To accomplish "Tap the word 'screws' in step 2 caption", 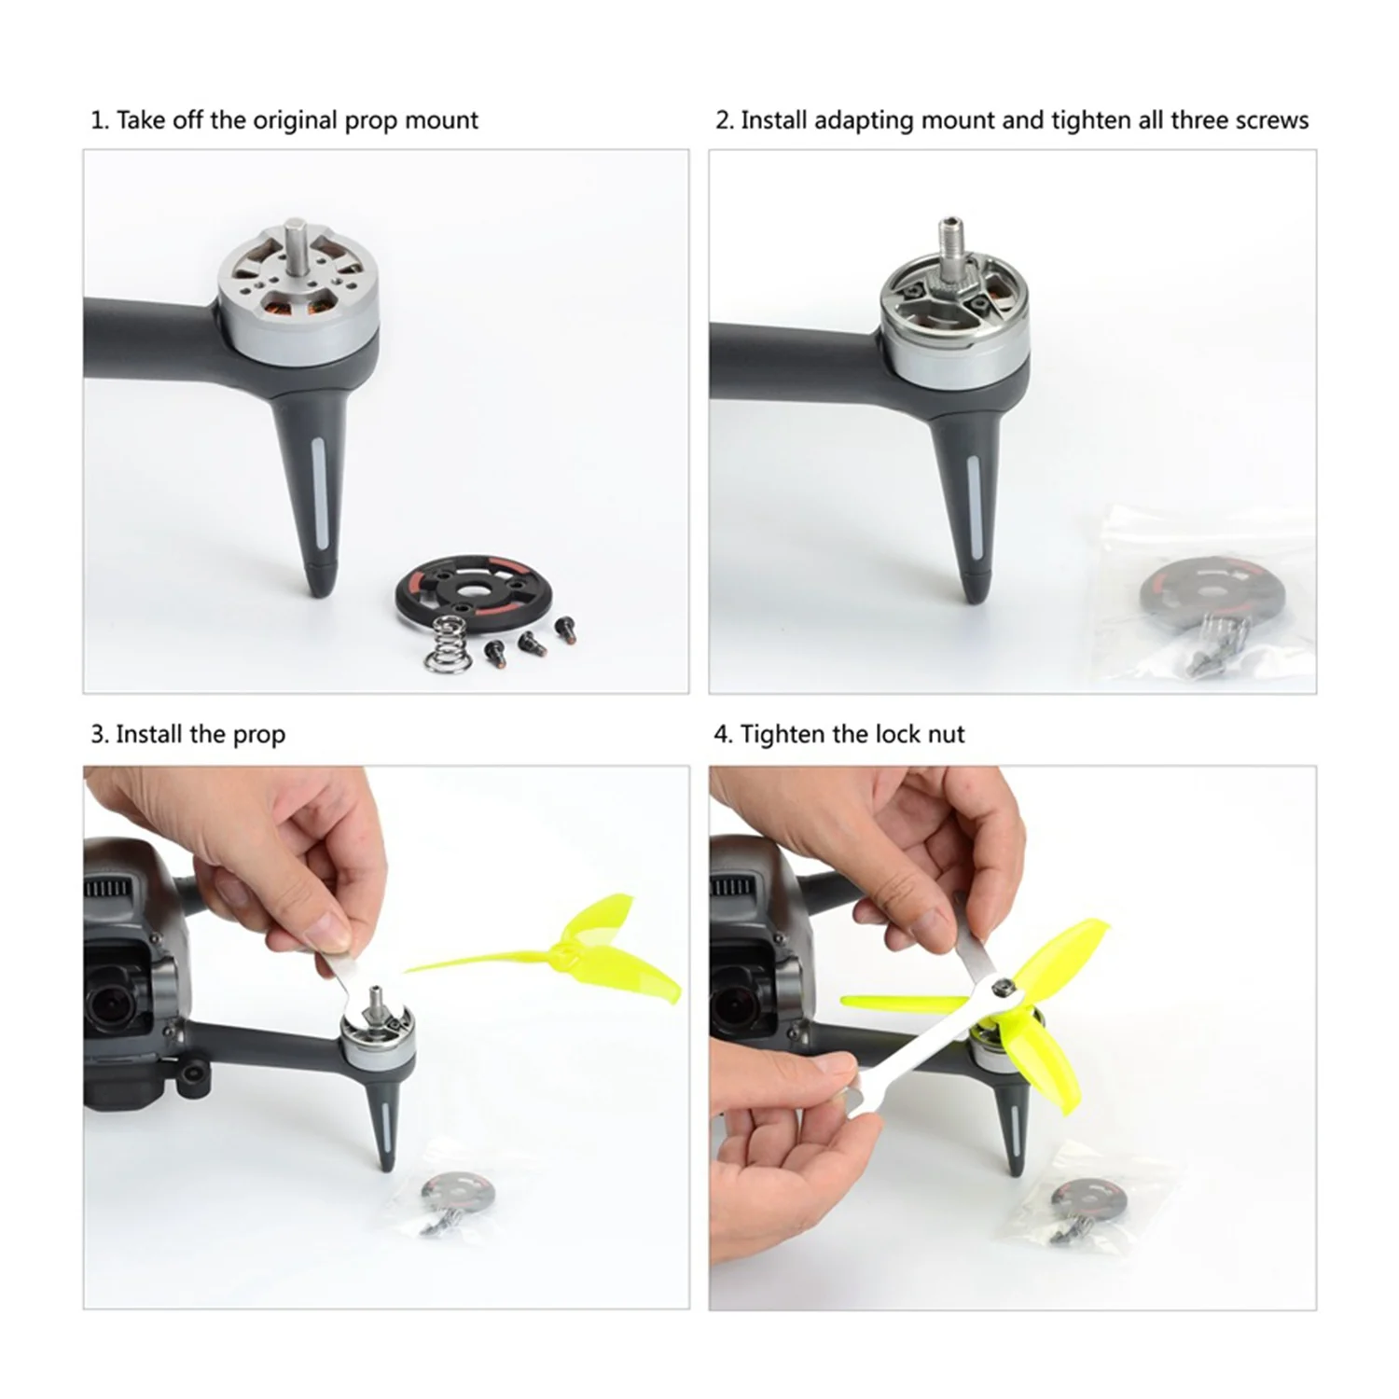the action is click(1272, 120).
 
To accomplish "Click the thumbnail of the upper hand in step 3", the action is click(331, 928).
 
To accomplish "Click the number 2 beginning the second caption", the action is click(722, 121).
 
